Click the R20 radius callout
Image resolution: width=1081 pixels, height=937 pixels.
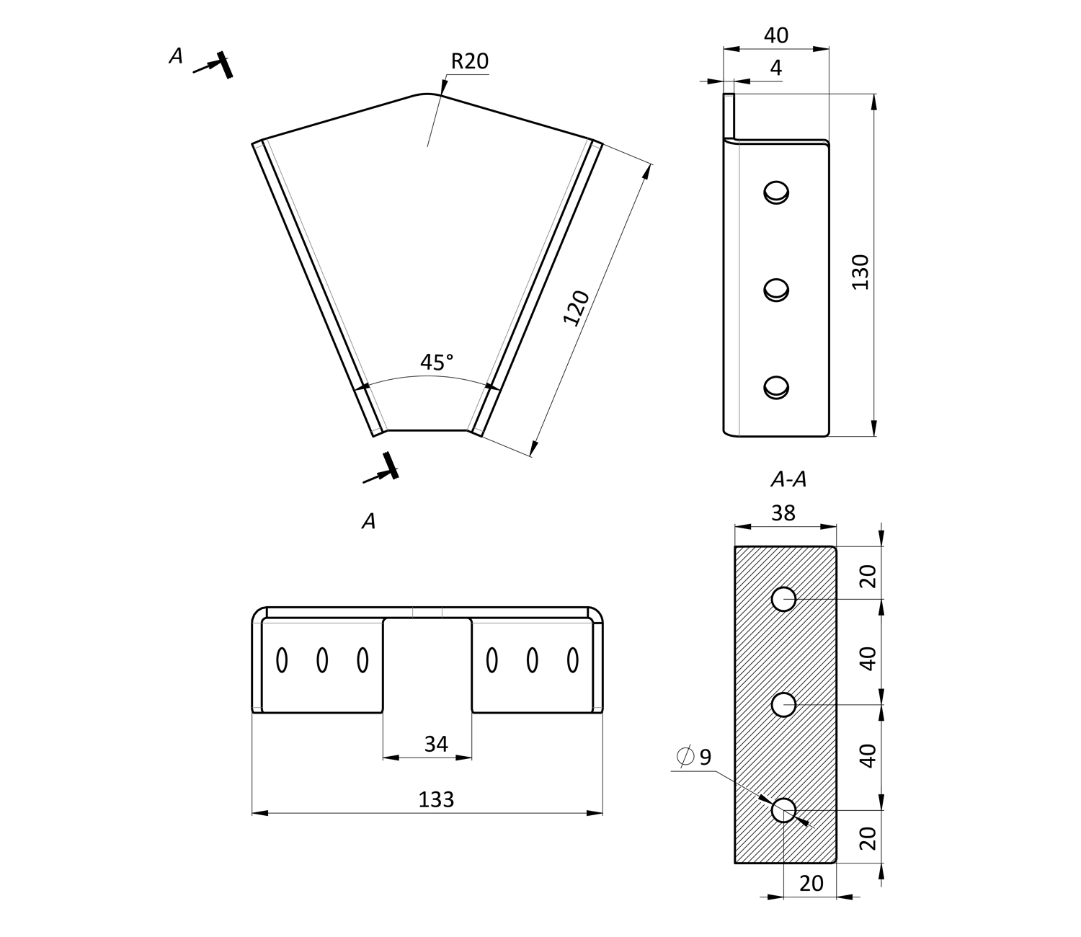coord(469,62)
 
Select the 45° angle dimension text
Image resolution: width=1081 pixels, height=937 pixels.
coord(437,362)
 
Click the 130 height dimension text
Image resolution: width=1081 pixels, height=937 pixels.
coord(860,272)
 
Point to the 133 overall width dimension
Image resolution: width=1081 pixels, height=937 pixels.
coord(436,799)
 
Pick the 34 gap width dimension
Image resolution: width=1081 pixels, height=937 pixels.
coord(436,744)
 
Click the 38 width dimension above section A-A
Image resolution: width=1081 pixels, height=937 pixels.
coord(783,513)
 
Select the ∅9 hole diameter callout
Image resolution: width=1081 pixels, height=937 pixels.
coord(695,757)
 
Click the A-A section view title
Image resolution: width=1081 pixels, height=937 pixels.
coord(788,479)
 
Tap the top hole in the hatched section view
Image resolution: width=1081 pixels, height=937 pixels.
coord(783,599)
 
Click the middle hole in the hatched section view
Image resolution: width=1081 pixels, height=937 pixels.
coord(783,704)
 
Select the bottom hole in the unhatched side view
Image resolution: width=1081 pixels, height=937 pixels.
coord(776,387)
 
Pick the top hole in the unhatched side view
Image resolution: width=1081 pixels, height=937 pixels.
coord(776,192)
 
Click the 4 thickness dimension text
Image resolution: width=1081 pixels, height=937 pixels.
coord(775,68)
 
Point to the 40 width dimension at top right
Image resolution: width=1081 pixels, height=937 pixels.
coord(775,35)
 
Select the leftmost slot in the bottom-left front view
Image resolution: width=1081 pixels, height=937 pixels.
coord(282,660)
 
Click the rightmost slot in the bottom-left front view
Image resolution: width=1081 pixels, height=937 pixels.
coord(573,660)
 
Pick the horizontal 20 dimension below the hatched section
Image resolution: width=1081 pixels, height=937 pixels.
coord(811,884)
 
